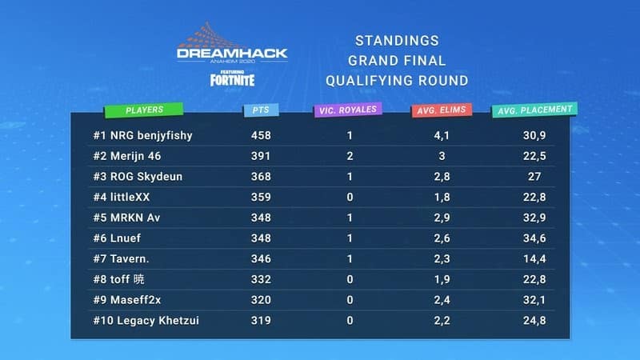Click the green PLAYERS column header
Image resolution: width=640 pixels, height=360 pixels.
(144, 110)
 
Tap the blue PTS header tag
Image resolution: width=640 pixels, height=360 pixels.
(262, 110)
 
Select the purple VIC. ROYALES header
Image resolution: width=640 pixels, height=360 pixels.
(346, 110)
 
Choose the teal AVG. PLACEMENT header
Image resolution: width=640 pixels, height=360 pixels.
(534, 110)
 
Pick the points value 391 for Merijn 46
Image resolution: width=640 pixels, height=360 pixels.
(261, 156)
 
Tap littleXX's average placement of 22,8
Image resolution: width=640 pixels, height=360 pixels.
(534, 198)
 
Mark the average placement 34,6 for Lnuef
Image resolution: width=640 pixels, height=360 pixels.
(534, 239)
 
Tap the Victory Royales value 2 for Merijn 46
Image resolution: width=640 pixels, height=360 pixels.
(350, 156)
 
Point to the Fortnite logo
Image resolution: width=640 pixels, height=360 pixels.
(232, 79)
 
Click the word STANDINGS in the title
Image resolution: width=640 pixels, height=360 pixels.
(396, 41)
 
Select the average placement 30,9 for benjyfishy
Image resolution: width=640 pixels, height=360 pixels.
(534, 135)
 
